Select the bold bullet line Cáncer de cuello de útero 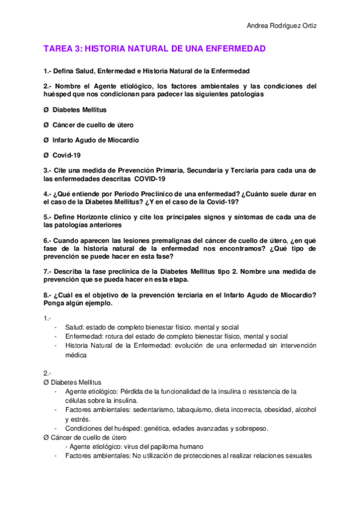(93, 125)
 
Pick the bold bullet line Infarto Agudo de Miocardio (96, 140)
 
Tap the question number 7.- (47, 271)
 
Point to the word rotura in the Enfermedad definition (117, 336)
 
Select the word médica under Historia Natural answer (76, 355)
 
